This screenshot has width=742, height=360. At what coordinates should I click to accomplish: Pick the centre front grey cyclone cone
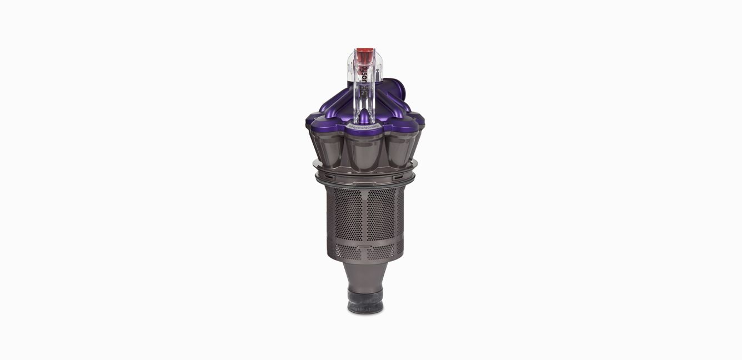[365, 151]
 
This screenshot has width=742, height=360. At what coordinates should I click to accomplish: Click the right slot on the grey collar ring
[399, 177]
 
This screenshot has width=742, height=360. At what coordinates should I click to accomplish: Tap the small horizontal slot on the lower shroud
[364, 244]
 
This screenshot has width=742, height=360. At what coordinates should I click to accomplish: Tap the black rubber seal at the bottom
[365, 300]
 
